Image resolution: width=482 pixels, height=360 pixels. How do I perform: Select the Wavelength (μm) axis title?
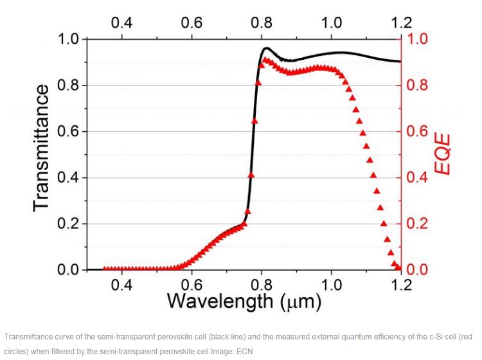(x=244, y=300)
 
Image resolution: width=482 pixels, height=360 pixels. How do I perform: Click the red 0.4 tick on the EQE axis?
(x=418, y=178)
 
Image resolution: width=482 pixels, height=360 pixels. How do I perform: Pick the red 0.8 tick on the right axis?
(x=418, y=85)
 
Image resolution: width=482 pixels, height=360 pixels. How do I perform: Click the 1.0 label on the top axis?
(x=331, y=22)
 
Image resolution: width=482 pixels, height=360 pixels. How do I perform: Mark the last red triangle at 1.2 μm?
(x=399, y=267)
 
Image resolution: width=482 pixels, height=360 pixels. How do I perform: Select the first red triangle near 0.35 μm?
(x=105, y=269)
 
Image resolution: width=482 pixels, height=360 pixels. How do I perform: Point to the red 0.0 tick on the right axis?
(x=418, y=270)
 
